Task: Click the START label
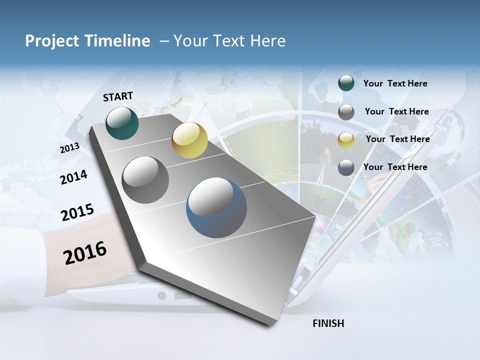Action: coord(118,96)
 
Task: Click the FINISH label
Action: coord(328,323)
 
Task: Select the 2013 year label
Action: coord(69,148)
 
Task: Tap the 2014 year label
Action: coord(73,177)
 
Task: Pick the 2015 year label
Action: coord(77,212)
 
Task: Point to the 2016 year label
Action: coord(85,252)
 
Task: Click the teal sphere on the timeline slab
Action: coord(122,123)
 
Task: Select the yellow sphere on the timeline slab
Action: coord(189,140)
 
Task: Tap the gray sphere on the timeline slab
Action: coord(145,180)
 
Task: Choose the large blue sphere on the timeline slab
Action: coord(216,207)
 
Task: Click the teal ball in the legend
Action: coord(346,83)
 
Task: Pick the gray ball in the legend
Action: coord(346,112)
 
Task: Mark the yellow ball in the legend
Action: coord(346,140)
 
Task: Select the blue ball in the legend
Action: coord(346,167)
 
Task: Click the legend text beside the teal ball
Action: coord(395,83)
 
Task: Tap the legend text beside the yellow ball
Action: coord(397,139)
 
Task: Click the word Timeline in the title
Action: coord(118,41)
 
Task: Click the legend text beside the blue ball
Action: coord(395,167)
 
